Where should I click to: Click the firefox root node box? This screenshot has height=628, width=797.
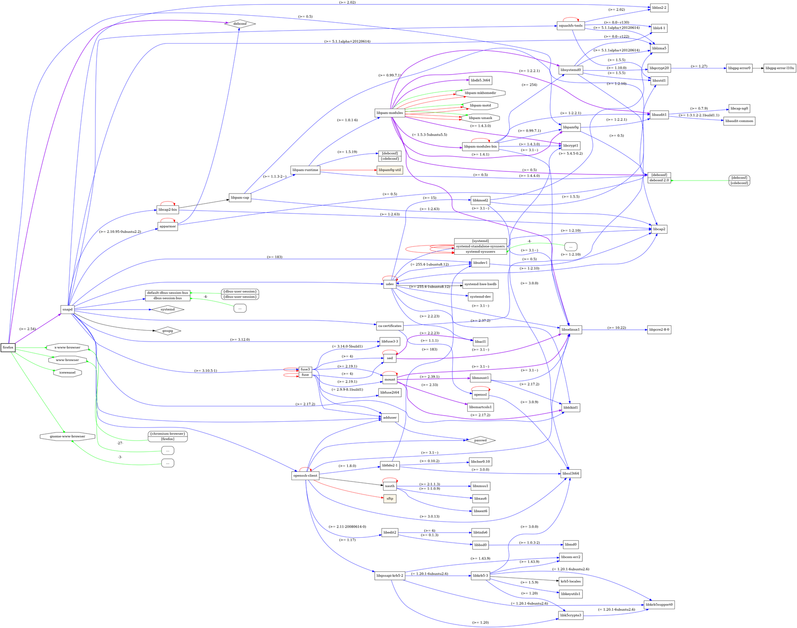pyautogui.click(x=8, y=348)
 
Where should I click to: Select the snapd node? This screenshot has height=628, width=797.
pyautogui.click(x=67, y=310)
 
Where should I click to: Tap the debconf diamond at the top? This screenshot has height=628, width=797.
pyautogui.click(x=240, y=24)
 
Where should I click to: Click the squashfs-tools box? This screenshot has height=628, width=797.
pyautogui.click(x=571, y=26)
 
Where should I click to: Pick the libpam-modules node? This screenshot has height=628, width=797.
pyautogui.click(x=389, y=113)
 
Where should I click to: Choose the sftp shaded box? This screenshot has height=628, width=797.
pyautogui.click(x=390, y=498)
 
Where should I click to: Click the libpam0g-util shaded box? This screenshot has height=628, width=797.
pyautogui.click(x=390, y=170)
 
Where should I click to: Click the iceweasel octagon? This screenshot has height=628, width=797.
pyautogui.click(x=67, y=373)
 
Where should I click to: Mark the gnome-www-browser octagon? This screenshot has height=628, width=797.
pyautogui.click(x=67, y=436)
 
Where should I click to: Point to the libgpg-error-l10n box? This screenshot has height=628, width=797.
pyautogui.click(x=780, y=68)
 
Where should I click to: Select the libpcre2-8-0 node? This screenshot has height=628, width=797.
pyautogui.click(x=659, y=330)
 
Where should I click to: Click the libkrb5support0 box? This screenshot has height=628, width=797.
pyautogui.click(x=659, y=605)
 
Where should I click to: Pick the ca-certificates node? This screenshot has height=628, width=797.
pyautogui.click(x=390, y=326)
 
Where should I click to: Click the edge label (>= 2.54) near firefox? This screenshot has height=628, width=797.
pyautogui.click(x=28, y=329)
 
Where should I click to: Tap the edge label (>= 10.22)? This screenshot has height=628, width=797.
pyautogui.click(x=616, y=328)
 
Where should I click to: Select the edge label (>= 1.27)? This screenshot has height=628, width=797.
pyautogui.click(x=699, y=66)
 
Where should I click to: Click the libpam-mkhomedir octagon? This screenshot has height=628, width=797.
pyautogui.click(x=480, y=93)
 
